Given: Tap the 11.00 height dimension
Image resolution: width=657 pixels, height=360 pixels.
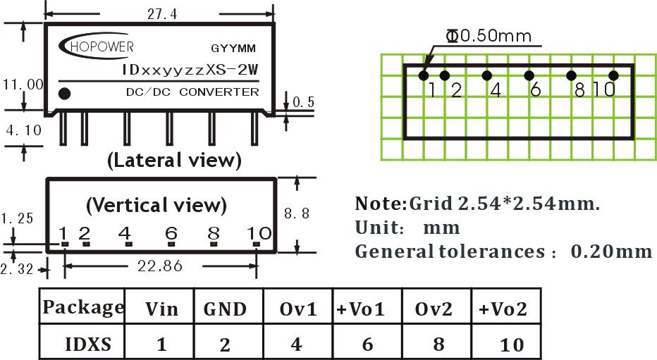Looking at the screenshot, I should tap(23, 84).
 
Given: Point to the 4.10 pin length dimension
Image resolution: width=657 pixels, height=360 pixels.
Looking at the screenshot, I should tap(23, 130).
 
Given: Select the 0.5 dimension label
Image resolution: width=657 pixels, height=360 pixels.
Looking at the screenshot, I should tap(303, 102).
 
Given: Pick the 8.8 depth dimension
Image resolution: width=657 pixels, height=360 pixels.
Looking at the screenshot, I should tap(296, 213).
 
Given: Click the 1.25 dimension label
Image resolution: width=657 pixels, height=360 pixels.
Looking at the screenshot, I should tap(16, 219).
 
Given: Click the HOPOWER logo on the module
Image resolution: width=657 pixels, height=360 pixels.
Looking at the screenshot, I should tap(93, 47).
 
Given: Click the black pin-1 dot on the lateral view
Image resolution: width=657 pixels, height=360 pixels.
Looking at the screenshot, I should tap(64, 92).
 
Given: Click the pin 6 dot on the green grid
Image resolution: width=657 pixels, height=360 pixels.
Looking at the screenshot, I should tap(528, 75).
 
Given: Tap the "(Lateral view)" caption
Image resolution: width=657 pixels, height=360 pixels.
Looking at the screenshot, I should tap(173, 161).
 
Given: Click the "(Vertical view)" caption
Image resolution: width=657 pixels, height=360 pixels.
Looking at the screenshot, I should tap(156, 205).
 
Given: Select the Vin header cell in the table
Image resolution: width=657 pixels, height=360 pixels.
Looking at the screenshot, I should tap(161, 309).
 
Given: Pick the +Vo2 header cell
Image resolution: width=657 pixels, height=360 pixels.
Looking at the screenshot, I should tap(503, 309).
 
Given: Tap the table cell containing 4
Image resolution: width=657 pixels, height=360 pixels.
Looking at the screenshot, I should tap(297, 345).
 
